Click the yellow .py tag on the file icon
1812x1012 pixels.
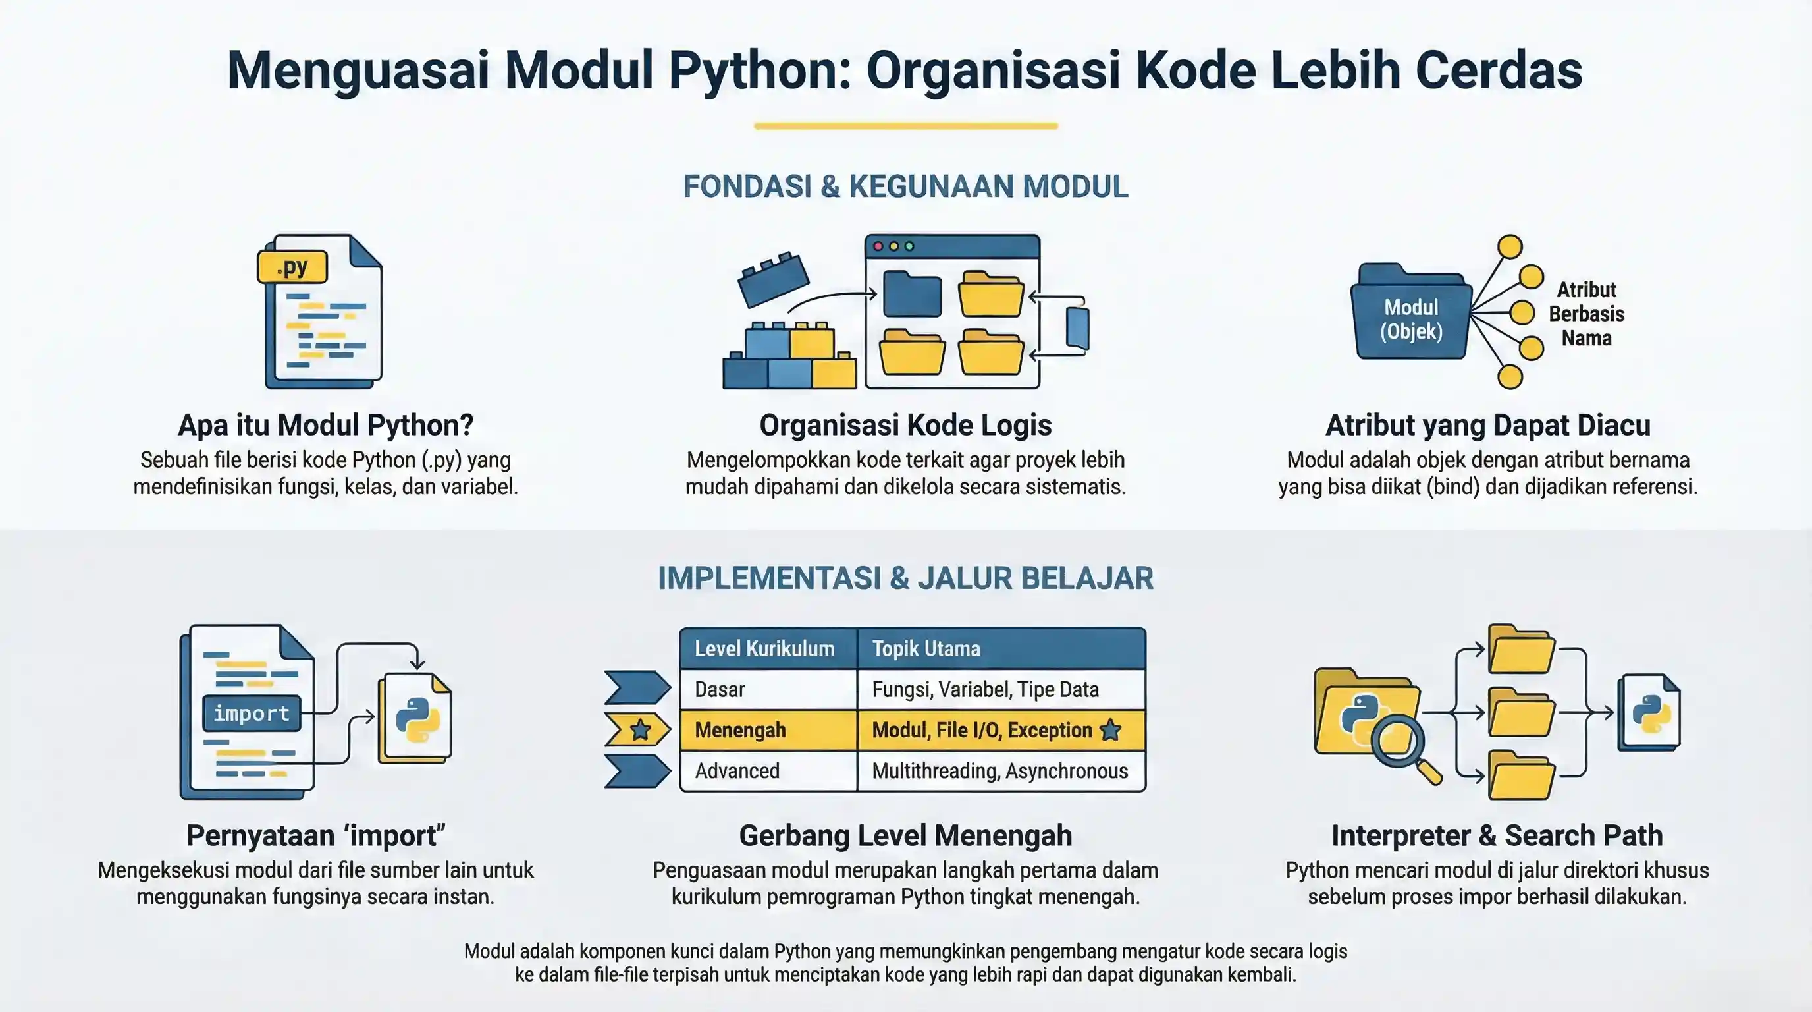[x=292, y=267]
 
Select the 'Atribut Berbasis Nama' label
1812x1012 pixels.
[x=1586, y=314]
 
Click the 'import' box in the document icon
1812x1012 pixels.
[x=251, y=714]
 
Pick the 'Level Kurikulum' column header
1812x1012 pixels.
[x=764, y=648]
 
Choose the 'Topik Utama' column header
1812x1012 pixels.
[x=926, y=648]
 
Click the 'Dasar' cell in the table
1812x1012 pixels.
[x=720, y=689]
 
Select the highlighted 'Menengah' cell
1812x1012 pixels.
[x=740, y=730]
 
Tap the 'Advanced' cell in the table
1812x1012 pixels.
[x=737, y=771]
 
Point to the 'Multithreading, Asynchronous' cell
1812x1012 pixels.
[x=999, y=771]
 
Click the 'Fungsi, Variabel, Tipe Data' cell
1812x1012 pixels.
[x=985, y=689]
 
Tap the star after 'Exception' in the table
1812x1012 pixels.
[x=1110, y=730]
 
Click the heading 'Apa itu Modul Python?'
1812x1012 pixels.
[x=326, y=425]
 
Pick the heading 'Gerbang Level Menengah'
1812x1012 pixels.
[x=905, y=835]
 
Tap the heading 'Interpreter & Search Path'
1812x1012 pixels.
[x=1497, y=835]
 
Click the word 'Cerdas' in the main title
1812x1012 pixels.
[x=1499, y=70]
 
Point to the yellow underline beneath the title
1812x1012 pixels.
[x=905, y=126]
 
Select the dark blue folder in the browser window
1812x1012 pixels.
[x=912, y=294]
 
